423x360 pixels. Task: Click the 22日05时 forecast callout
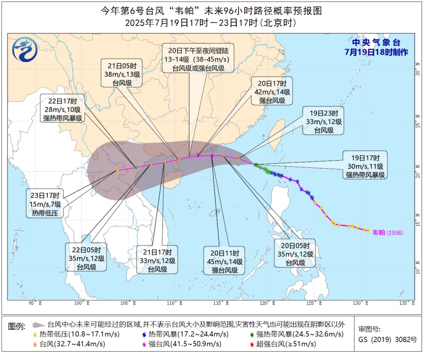coord(87,256)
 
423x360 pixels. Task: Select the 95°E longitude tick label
coord(34,302)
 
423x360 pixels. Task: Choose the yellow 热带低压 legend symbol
coord(35,334)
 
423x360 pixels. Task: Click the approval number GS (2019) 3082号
coord(387,339)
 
